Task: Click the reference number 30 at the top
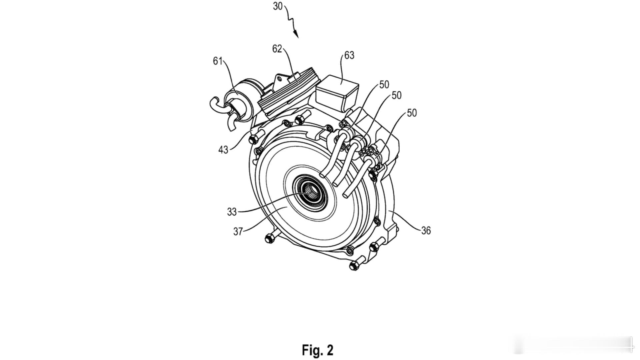(x=278, y=6)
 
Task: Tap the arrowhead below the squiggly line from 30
(x=296, y=34)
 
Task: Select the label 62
(x=277, y=49)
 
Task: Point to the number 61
(x=218, y=61)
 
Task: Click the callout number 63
(x=349, y=55)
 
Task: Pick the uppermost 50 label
(x=384, y=85)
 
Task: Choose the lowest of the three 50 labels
(x=412, y=113)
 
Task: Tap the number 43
(x=223, y=150)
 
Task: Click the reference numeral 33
(x=232, y=212)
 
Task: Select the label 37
(x=238, y=231)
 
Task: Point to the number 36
(x=426, y=230)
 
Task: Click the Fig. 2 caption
(x=317, y=350)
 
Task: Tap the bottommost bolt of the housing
(x=354, y=266)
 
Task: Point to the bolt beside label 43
(x=252, y=139)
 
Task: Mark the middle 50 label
(x=396, y=95)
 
